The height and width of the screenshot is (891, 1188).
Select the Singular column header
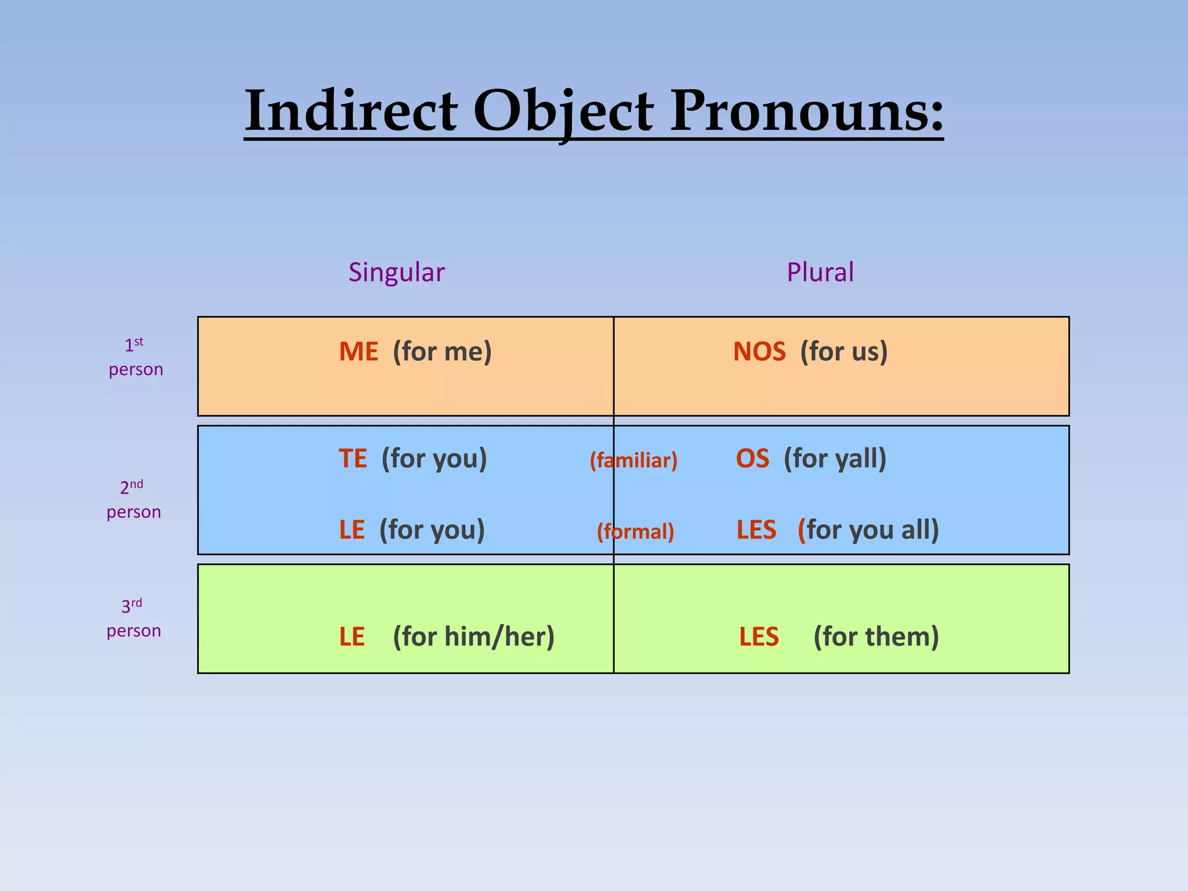pos(396,272)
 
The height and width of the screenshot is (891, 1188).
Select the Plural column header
pos(820,272)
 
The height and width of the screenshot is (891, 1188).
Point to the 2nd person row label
pos(133,499)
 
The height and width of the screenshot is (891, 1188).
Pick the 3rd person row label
pos(133,618)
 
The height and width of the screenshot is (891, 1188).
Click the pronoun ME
pos(358,352)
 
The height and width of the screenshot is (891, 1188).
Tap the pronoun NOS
pos(759,352)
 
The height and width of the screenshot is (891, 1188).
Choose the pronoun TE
pos(353,458)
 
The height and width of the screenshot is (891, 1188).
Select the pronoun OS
pos(752,458)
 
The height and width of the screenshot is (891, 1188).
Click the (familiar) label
pos(633,461)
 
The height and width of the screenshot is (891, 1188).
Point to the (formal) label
pos(635,531)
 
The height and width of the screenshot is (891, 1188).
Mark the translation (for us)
pos(844,352)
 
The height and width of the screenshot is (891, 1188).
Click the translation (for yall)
pos(835,458)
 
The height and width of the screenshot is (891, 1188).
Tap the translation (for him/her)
pos(473,636)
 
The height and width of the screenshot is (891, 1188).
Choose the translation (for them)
pos(876,636)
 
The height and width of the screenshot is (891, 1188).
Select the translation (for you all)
pos(868,530)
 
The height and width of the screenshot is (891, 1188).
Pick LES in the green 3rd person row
pos(759,636)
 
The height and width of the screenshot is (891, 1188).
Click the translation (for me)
pos(442,352)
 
